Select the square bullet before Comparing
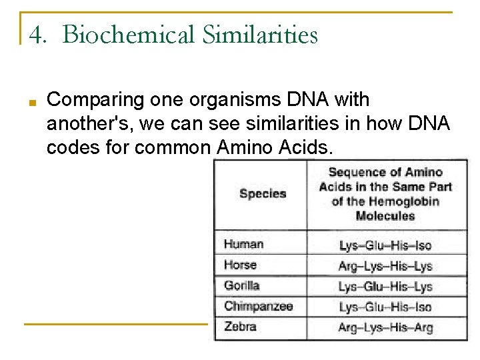coord(32,102)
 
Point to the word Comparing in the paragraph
coord(96,100)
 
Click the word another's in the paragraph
coord(85,123)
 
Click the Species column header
coord(263,194)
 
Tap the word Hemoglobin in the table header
coord(404,201)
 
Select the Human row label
coord(243,244)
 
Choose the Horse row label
coord(241,265)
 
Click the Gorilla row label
coord(242,285)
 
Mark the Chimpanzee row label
coord(259,306)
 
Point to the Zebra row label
coord(241,327)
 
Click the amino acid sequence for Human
coord(385,245)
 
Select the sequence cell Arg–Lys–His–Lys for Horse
coord(385,266)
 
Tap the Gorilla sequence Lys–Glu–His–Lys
coord(385,287)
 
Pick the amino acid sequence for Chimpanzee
coord(385,307)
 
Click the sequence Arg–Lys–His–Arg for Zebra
coord(385,327)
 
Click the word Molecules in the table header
coord(385,216)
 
